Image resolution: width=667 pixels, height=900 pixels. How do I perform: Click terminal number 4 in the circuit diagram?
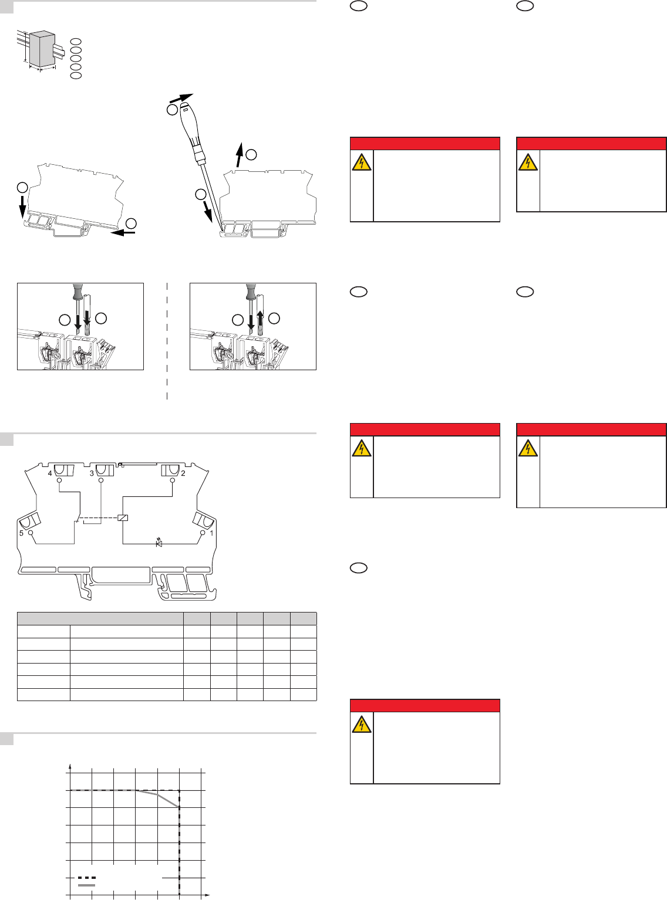(50, 473)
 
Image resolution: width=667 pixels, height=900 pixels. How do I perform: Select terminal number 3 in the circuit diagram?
(92, 473)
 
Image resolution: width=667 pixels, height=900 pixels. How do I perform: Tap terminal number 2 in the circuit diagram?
(183, 473)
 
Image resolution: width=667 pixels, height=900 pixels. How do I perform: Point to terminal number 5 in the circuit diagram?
(22, 533)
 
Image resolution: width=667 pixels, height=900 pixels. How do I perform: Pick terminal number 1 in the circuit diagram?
(211, 533)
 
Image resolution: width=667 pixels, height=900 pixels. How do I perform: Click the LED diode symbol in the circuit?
(159, 543)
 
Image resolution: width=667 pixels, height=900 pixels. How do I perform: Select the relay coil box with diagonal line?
(123, 517)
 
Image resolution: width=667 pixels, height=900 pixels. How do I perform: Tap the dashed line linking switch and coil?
(97, 517)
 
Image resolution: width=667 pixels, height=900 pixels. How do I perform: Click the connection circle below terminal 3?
(101, 481)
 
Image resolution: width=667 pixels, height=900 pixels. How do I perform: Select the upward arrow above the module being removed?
(240, 155)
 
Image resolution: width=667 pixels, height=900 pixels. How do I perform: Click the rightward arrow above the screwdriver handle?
(181, 98)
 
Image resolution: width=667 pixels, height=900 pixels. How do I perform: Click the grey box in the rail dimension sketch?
(42, 49)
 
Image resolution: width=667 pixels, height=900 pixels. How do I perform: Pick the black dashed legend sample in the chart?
(86, 878)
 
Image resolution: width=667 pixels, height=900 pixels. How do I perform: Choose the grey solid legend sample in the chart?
(86, 885)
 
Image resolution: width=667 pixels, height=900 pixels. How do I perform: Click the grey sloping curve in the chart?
(157, 796)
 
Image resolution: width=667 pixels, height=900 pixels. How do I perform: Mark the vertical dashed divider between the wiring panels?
(167, 341)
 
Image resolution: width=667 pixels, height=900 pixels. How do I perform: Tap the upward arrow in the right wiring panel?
(260, 320)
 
